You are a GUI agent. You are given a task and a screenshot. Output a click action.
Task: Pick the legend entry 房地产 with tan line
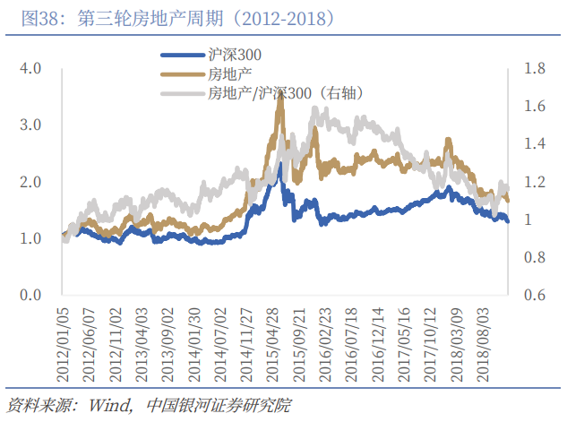[x=228, y=73]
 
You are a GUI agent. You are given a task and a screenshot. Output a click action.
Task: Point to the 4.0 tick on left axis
[x=30, y=68]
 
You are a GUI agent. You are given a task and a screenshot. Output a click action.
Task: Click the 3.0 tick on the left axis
[x=30, y=125]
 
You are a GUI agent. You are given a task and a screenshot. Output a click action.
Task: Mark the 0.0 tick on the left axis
[x=30, y=295]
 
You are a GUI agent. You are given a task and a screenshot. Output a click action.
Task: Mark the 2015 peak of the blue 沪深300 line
[x=280, y=164]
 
